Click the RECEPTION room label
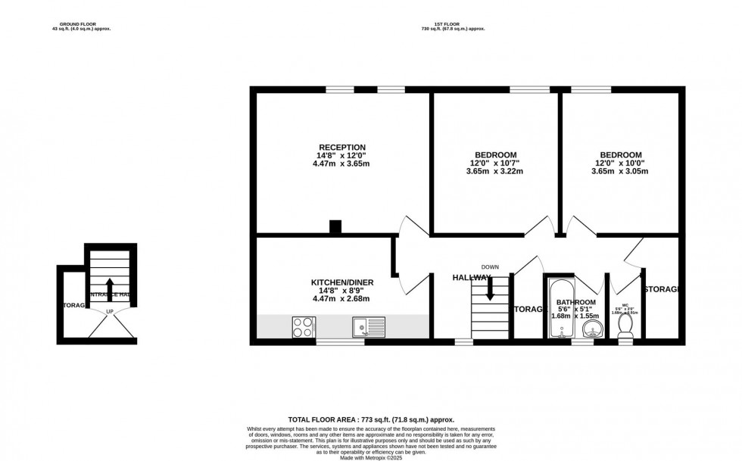pyautogui.click(x=342, y=147)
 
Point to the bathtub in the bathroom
pyautogui.click(x=558, y=309)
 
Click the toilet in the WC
pyautogui.click(x=625, y=326)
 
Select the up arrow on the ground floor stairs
pyautogui.click(x=109, y=289)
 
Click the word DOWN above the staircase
pyautogui.click(x=491, y=266)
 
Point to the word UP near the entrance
pyautogui.click(x=109, y=312)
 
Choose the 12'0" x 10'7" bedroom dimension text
pyautogui.click(x=494, y=163)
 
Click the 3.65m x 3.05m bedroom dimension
pyautogui.click(x=620, y=171)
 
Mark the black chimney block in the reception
pyautogui.click(x=335, y=226)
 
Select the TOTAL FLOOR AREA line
pyautogui.click(x=370, y=419)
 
